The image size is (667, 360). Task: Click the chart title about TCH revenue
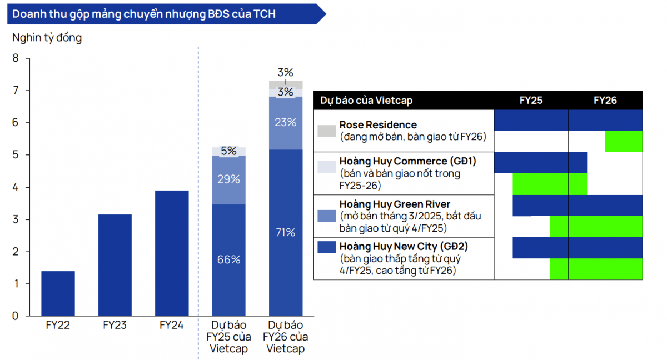(144, 14)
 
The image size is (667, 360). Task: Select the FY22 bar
(58, 293)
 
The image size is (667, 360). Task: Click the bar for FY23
(115, 265)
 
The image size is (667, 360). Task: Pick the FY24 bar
(172, 253)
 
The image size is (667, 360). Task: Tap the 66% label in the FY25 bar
(228, 259)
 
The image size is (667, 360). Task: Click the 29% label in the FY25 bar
(228, 179)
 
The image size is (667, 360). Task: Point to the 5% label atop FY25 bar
(228, 151)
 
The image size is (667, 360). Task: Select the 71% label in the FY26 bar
(286, 232)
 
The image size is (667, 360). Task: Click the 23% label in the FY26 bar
(286, 122)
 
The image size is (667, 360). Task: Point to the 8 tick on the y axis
(16, 58)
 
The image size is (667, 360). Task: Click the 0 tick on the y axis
(16, 316)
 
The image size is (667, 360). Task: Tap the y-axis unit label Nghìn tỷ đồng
(47, 38)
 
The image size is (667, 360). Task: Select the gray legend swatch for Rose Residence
(326, 131)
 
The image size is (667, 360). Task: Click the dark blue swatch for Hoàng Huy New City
(326, 246)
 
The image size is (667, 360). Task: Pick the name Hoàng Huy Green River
(395, 204)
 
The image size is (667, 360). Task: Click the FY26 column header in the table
(605, 101)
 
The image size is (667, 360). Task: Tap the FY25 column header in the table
(531, 101)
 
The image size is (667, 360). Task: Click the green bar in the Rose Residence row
(624, 141)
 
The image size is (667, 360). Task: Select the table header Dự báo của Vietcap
(366, 101)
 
